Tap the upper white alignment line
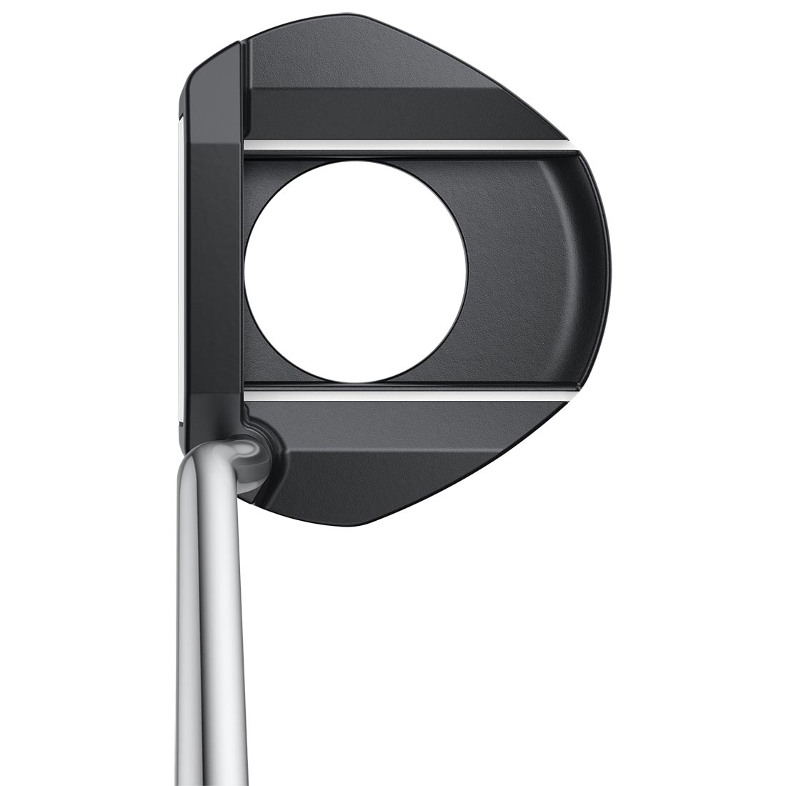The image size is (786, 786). coord(407,145)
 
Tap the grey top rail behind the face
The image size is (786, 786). coord(213,272)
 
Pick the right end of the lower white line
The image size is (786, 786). coord(572,394)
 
